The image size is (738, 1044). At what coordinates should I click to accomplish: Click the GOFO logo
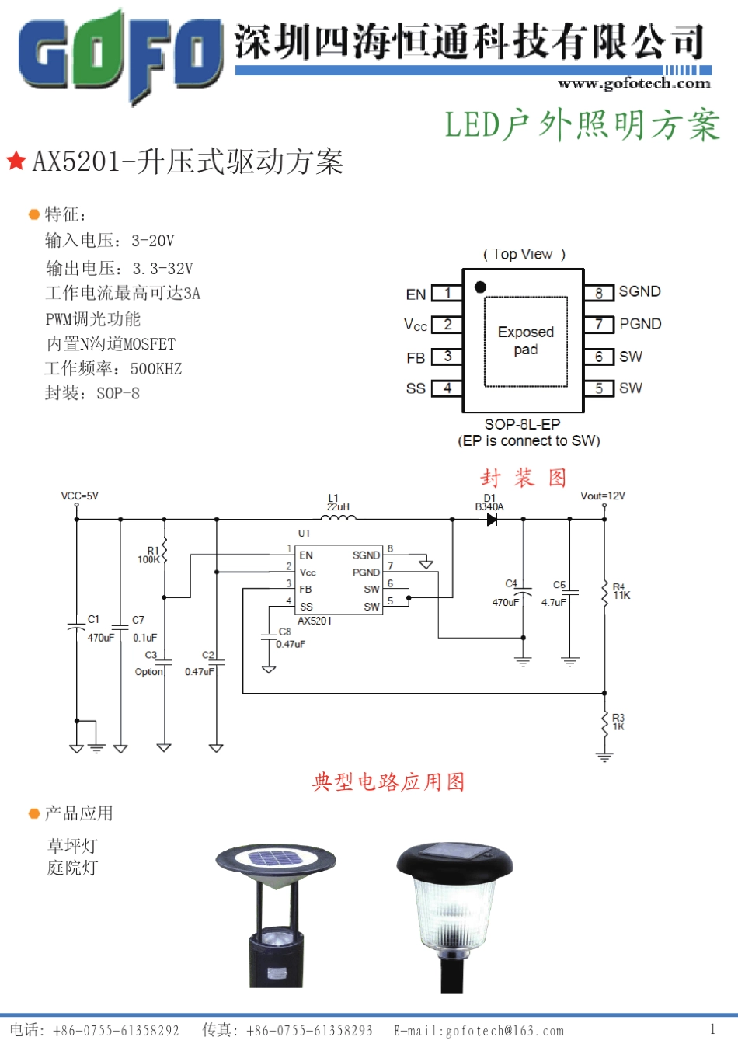click(x=120, y=54)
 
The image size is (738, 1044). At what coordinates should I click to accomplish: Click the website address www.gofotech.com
click(x=634, y=83)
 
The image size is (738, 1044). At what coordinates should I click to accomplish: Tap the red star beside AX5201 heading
click(x=16, y=161)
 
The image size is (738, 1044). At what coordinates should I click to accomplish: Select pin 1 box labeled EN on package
click(x=447, y=293)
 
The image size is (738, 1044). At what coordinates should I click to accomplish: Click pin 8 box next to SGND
click(x=599, y=293)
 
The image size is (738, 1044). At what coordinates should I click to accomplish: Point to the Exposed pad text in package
click(x=525, y=340)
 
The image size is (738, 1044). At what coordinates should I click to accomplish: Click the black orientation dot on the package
click(x=480, y=287)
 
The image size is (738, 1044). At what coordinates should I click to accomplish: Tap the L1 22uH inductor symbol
click(x=339, y=517)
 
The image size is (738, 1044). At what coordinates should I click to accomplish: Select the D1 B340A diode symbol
click(x=491, y=520)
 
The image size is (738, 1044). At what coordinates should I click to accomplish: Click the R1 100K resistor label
click(x=148, y=555)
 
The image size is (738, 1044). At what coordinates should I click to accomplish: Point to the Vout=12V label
click(x=603, y=496)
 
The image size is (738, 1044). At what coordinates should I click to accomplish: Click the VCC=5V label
click(x=80, y=496)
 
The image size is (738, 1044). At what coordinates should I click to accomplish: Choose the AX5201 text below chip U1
click(x=315, y=621)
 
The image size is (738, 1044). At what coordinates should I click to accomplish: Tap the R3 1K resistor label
click(x=618, y=722)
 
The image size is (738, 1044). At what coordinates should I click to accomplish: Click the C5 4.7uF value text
click(x=554, y=602)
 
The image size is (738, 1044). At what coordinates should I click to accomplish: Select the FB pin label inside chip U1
click(x=305, y=589)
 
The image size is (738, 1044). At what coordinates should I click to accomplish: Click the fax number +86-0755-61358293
click(x=309, y=1031)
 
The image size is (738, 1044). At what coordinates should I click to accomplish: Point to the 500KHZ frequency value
click(x=155, y=368)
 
